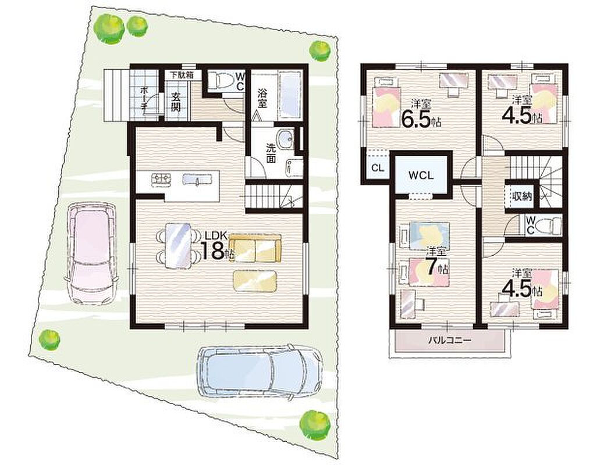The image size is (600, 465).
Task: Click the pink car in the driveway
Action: pyautogui.click(x=92, y=253)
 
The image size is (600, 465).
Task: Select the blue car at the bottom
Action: pyautogui.click(x=259, y=371)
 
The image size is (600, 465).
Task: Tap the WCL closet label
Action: pyautogui.click(x=421, y=176)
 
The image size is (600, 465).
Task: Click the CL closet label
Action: pyautogui.click(x=378, y=168)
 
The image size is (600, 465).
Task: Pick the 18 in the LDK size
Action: pyautogui.click(x=212, y=251)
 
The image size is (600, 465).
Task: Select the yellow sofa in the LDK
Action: pyautogui.click(x=255, y=248)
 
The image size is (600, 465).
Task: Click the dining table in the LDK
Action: pyautogui.click(x=178, y=246)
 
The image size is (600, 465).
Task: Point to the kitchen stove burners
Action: pyautogui.click(x=161, y=179)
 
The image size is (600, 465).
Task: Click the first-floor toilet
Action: pyautogui.click(x=225, y=81)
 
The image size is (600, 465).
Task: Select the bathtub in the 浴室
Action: pyautogui.click(x=290, y=95)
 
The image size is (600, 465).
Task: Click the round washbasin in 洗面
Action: pyautogui.click(x=286, y=137)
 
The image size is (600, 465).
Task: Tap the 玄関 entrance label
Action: pyautogui.click(x=176, y=101)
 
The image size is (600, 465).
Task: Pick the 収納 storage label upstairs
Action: pyautogui.click(x=522, y=196)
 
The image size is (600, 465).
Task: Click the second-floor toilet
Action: pyautogui.click(x=548, y=226)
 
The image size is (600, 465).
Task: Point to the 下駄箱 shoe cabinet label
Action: pyautogui.click(x=182, y=75)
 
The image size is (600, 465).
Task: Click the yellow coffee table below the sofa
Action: pyautogui.click(x=255, y=281)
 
